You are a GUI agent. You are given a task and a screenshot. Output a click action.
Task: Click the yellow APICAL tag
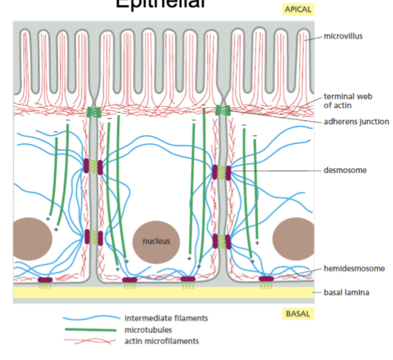tap(297, 10)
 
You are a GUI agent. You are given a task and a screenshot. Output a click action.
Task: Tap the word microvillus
tap(344, 36)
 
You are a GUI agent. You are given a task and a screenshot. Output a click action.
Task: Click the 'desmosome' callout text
tap(344, 169)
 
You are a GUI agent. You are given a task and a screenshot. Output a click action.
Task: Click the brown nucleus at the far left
tap(31, 238)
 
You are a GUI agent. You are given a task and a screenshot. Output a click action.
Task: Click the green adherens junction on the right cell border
tap(221, 110)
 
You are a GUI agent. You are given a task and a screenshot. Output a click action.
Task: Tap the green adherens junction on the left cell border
tap(93, 112)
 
